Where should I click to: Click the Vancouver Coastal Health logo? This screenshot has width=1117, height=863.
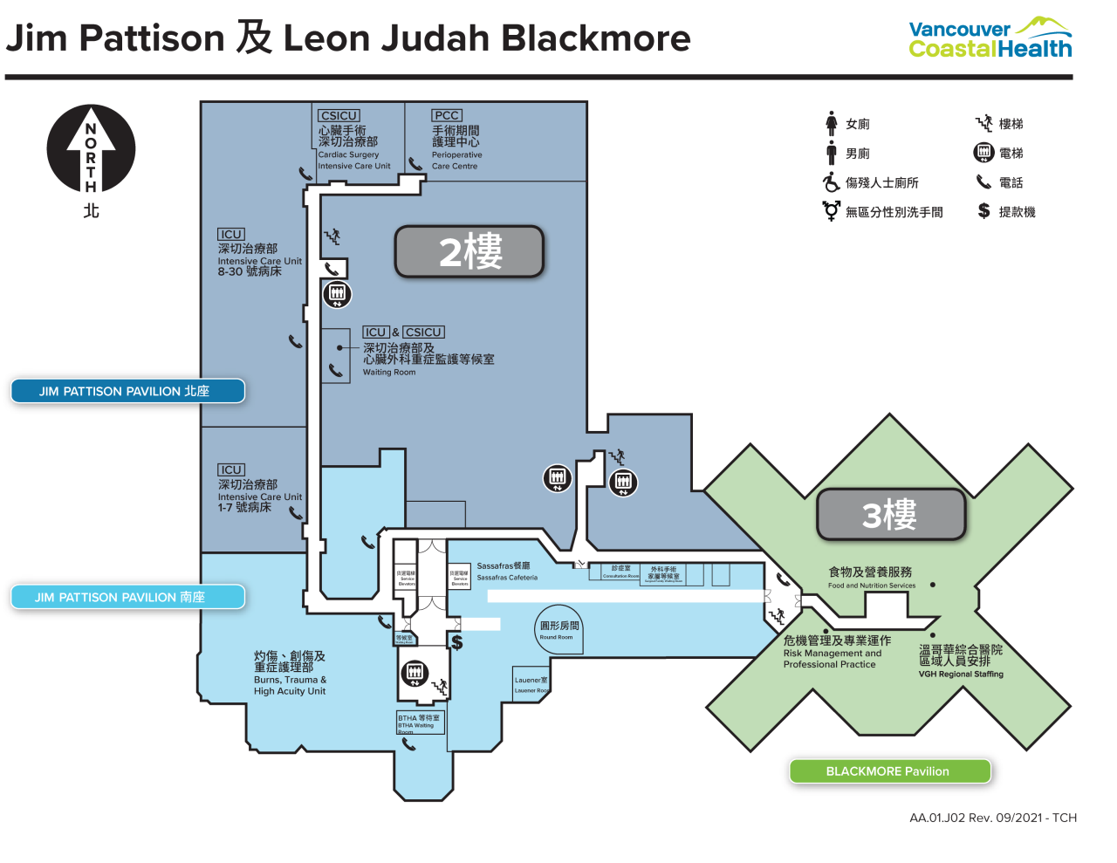click(x=990, y=39)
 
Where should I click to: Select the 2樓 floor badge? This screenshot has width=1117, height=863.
click(x=469, y=252)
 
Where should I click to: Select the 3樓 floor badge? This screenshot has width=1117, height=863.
click(x=891, y=514)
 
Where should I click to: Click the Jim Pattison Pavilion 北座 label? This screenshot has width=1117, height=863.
click(x=127, y=391)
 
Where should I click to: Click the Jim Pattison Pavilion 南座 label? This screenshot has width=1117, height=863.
click(x=127, y=597)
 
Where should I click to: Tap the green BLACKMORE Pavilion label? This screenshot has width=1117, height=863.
click(x=889, y=771)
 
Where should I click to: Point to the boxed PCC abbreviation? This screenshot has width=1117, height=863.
click(x=446, y=115)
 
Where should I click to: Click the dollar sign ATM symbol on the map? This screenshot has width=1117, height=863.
click(x=456, y=643)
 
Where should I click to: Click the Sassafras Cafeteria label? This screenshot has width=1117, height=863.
click(x=506, y=572)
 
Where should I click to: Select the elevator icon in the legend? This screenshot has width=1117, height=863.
click(x=983, y=153)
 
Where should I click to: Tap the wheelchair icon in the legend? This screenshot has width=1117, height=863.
click(x=831, y=182)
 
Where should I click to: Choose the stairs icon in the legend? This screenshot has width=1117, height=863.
click(x=983, y=123)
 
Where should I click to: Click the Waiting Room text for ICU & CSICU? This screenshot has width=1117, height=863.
click(x=389, y=373)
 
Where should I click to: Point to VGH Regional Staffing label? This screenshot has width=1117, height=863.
click(x=961, y=674)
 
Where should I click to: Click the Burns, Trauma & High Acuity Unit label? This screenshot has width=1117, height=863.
click(x=290, y=685)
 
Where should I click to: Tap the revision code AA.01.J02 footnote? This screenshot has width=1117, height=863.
click(x=992, y=818)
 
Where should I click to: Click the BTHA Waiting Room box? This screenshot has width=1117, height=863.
click(x=420, y=722)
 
